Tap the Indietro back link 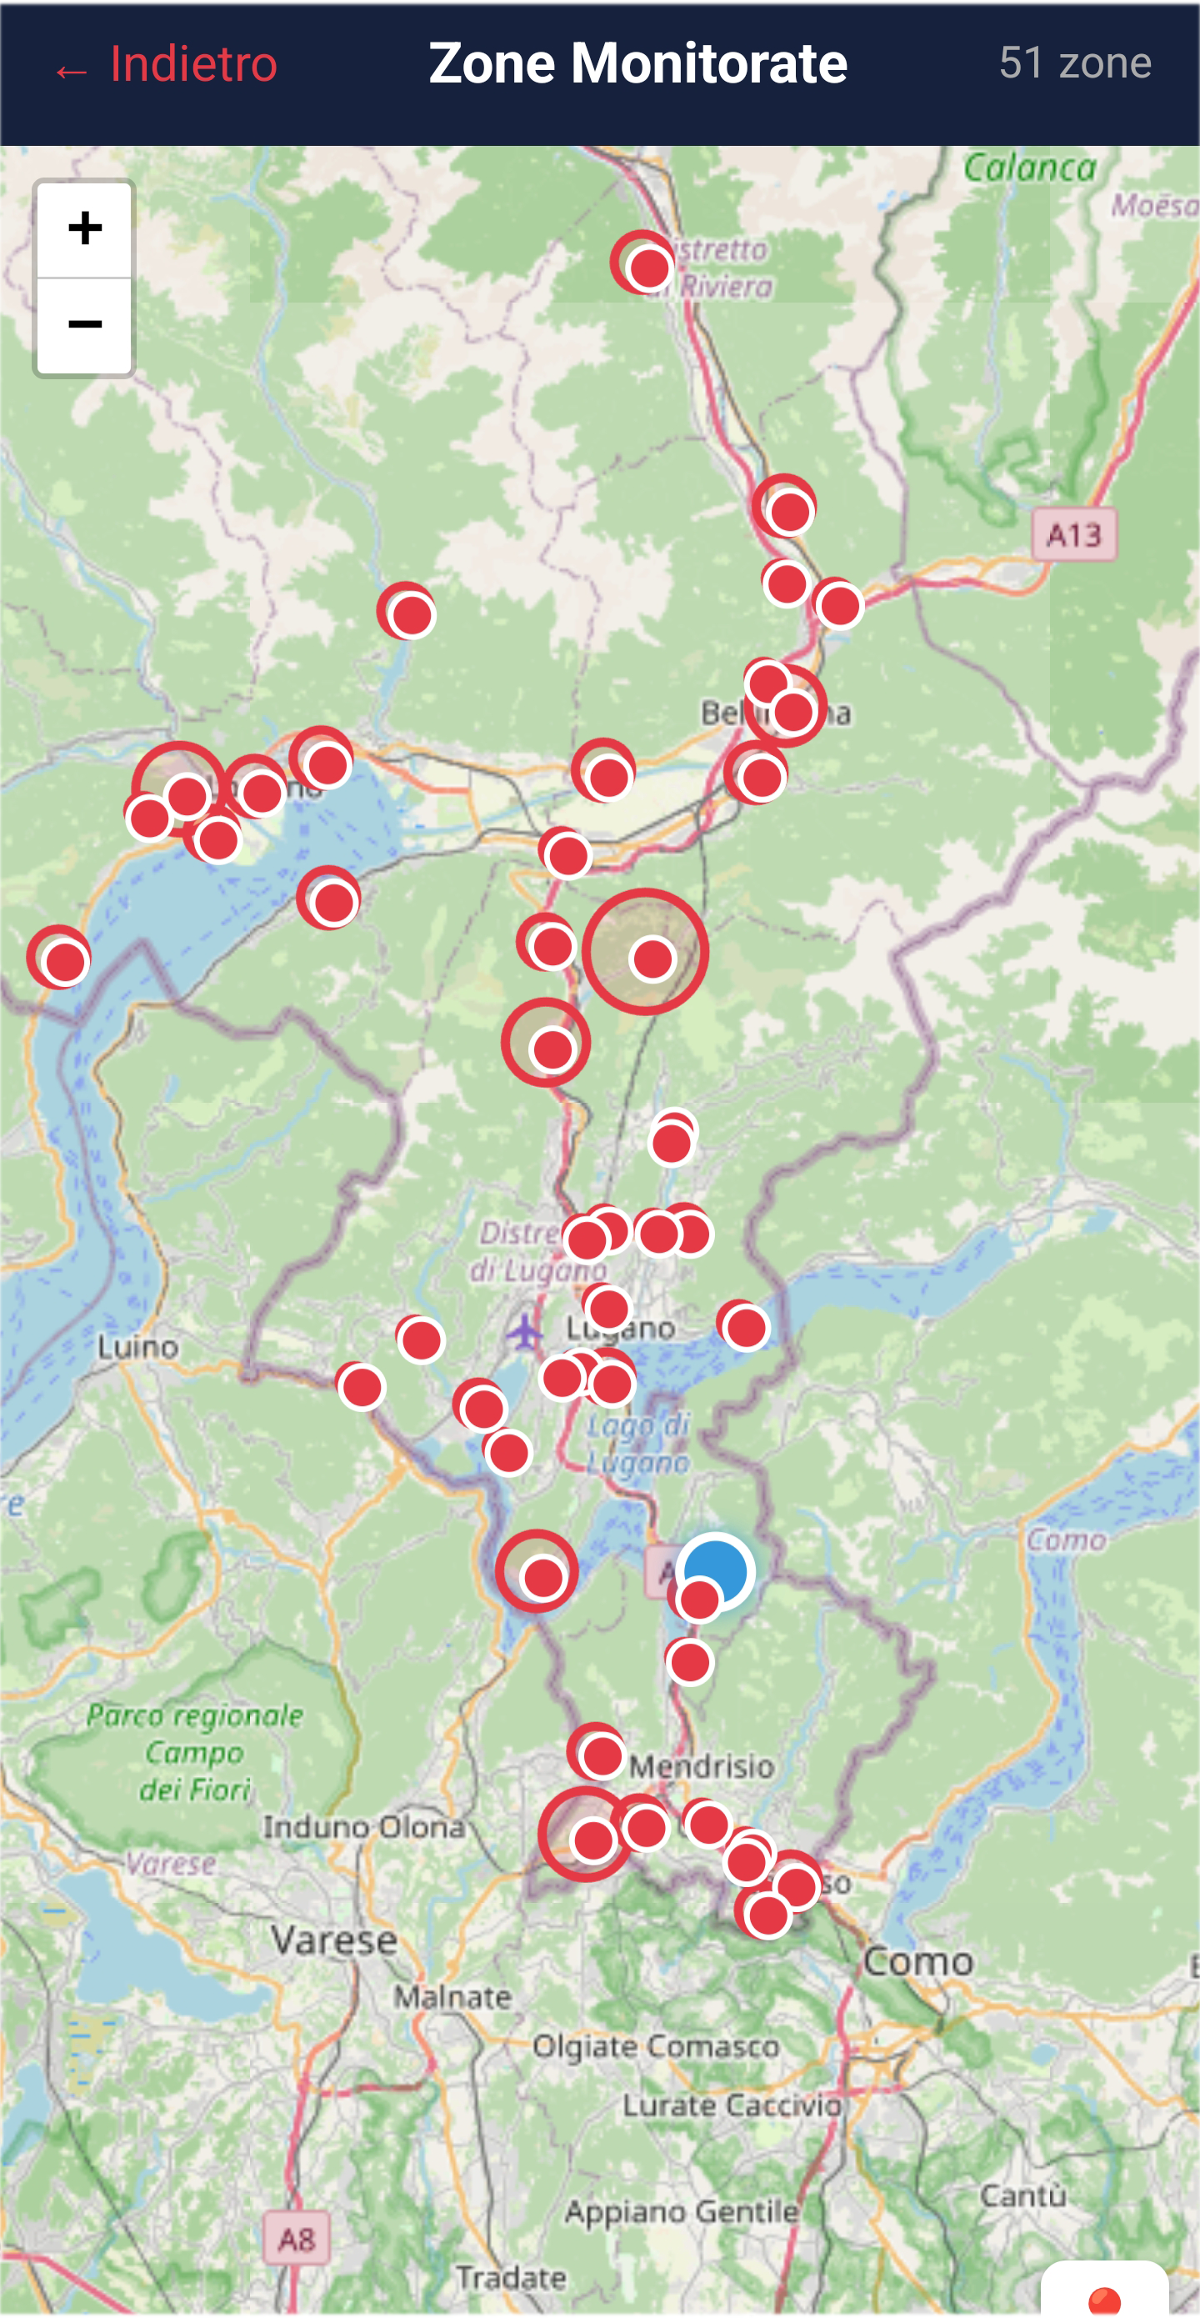click(x=167, y=65)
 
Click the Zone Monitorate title click(x=637, y=64)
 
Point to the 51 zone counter click(x=1074, y=63)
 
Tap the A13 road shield click(x=1073, y=535)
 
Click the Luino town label click(x=137, y=1347)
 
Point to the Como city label click(x=917, y=1960)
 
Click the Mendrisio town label click(x=702, y=1765)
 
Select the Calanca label click(x=1029, y=168)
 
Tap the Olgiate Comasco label click(x=655, y=2045)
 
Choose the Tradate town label click(x=510, y=2277)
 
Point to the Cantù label click(x=1022, y=2195)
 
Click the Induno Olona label click(x=363, y=1827)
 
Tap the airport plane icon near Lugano click(x=522, y=1331)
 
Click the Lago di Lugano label click(x=637, y=1444)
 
